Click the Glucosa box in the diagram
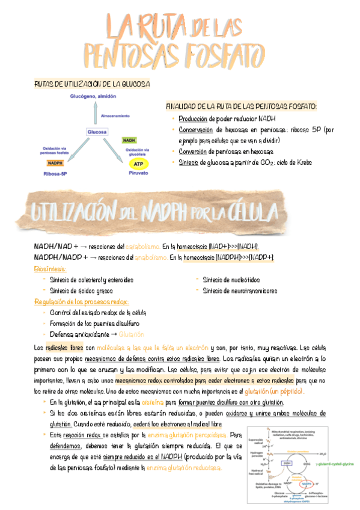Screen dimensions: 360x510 (97, 132)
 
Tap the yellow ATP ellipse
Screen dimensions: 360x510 (138, 163)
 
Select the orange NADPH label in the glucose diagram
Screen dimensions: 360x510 (56, 163)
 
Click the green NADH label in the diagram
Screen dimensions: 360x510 (129, 140)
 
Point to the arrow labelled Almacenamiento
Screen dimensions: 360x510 (97, 112)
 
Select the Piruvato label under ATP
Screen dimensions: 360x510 (138, 173)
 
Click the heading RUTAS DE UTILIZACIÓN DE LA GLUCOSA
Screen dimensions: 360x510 (92, 84)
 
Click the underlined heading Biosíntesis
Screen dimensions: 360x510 (51, 269)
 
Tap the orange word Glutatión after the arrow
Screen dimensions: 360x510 (132, 334)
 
